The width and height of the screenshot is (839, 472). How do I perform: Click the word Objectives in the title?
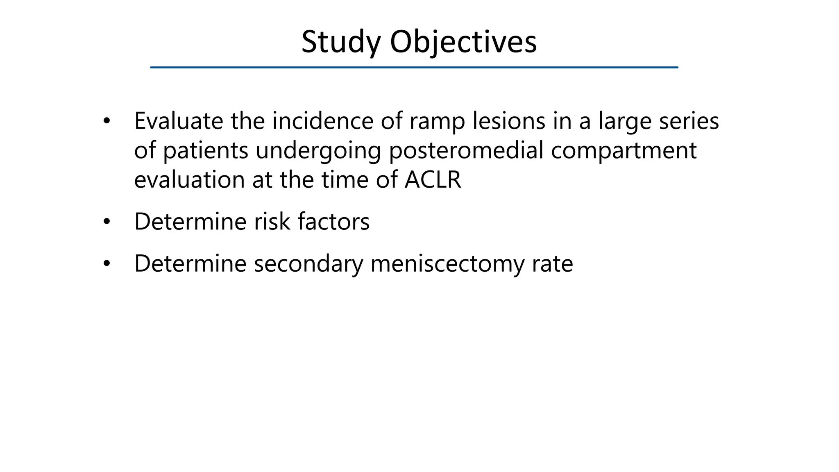(x=463, y=42)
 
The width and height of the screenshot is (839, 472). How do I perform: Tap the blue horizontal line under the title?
(x=414, y=67)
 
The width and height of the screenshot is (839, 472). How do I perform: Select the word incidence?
(x=322, y=121)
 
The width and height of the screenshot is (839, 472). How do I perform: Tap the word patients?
(x=206, y=150)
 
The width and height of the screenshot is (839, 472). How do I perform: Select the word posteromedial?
(x=466, y=150)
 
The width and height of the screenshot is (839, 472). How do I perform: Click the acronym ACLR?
(x=433, y=180)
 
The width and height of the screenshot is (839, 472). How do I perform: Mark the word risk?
(x=272, y=222)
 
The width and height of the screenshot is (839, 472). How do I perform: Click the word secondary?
(x=308, y=263)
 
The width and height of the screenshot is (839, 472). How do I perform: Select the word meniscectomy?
(x=447, y=263)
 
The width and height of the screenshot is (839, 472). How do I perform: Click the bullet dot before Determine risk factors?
(x=107, y=222)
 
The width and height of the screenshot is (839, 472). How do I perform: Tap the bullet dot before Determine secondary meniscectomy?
(x=107, y=263)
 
